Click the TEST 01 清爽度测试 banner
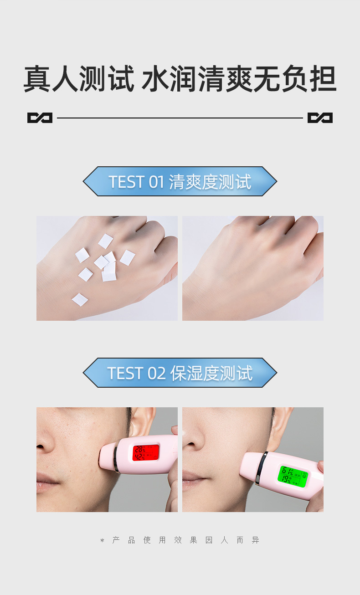180,181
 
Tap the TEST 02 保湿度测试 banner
180,373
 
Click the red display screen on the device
146,452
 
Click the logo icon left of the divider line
40,118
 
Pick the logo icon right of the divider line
320,118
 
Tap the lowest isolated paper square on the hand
80,299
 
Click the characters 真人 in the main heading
51,79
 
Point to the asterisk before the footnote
102,540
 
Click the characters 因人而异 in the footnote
232,540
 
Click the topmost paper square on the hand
105,241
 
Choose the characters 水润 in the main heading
170,79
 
